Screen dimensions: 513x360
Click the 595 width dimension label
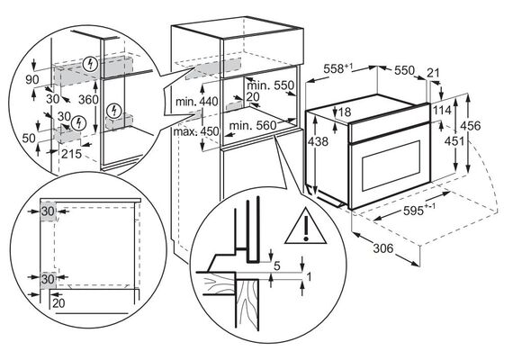coord(419,210)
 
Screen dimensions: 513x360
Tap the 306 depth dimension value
coord(383,248)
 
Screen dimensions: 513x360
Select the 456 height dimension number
coord(470,125)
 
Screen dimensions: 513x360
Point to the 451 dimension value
coord(454,140)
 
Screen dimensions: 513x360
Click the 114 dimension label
coord(442,111)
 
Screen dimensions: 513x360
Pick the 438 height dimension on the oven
coord(318,141)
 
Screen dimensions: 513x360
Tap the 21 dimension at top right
coord(434,73)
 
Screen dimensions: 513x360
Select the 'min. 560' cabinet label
coord(253,125)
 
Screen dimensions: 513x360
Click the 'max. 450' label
coord(196,131)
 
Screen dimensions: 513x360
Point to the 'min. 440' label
coord(196,102)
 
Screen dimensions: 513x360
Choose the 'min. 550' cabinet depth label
coord(271,85)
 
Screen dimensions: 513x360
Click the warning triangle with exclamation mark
coord(306,227)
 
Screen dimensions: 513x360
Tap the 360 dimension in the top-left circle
coord(88,99)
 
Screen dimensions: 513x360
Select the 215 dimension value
coord(72,154)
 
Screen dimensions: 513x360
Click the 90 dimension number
coord(32,79)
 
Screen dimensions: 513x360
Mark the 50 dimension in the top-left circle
coord(29,139)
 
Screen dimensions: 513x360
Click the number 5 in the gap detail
coord(277,266)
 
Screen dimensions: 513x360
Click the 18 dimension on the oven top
coord(344,112)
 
